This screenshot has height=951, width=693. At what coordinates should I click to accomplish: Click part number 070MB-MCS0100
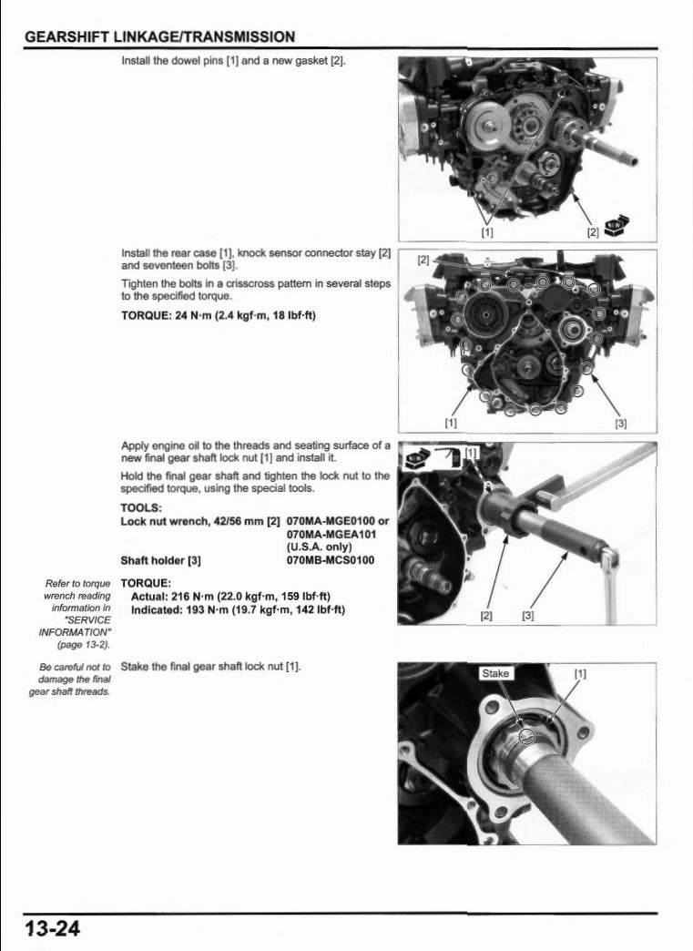tap(330, 560)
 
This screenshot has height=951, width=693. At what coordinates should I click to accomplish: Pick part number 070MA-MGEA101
tap(330, 534)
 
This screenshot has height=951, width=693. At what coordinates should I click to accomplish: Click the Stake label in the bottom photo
tap(496, 674)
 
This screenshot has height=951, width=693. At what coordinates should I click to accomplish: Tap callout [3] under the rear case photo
tap(621, 422)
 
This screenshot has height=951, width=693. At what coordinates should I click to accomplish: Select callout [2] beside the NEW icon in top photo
tap(593, 231)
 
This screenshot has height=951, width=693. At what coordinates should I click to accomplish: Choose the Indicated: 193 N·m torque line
tap(238, 609)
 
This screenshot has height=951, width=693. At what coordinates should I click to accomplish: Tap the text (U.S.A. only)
tap(318, 547)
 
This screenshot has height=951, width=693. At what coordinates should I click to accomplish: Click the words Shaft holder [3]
tap(160, 560)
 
